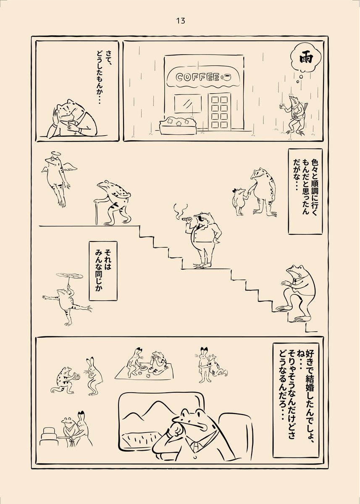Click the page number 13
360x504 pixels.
point(181,21)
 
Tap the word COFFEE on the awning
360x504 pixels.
point(197,77)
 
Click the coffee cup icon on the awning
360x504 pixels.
point(226,77)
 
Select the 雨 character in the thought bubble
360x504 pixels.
point(306,59)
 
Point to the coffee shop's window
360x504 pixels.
point(188,103)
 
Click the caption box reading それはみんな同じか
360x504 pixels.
point(103,271)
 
